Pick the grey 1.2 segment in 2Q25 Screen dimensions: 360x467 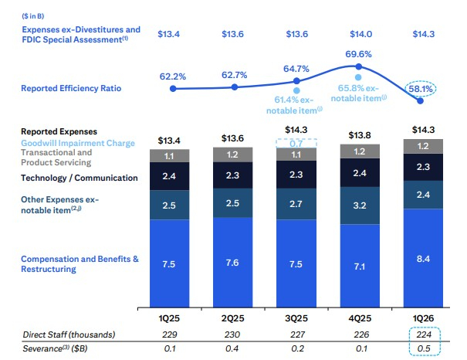coord(234,155)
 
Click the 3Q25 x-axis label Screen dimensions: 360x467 coord(296,316)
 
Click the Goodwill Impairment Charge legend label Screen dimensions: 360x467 coord(78,143)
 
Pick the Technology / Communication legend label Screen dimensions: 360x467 coord(80,178)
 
